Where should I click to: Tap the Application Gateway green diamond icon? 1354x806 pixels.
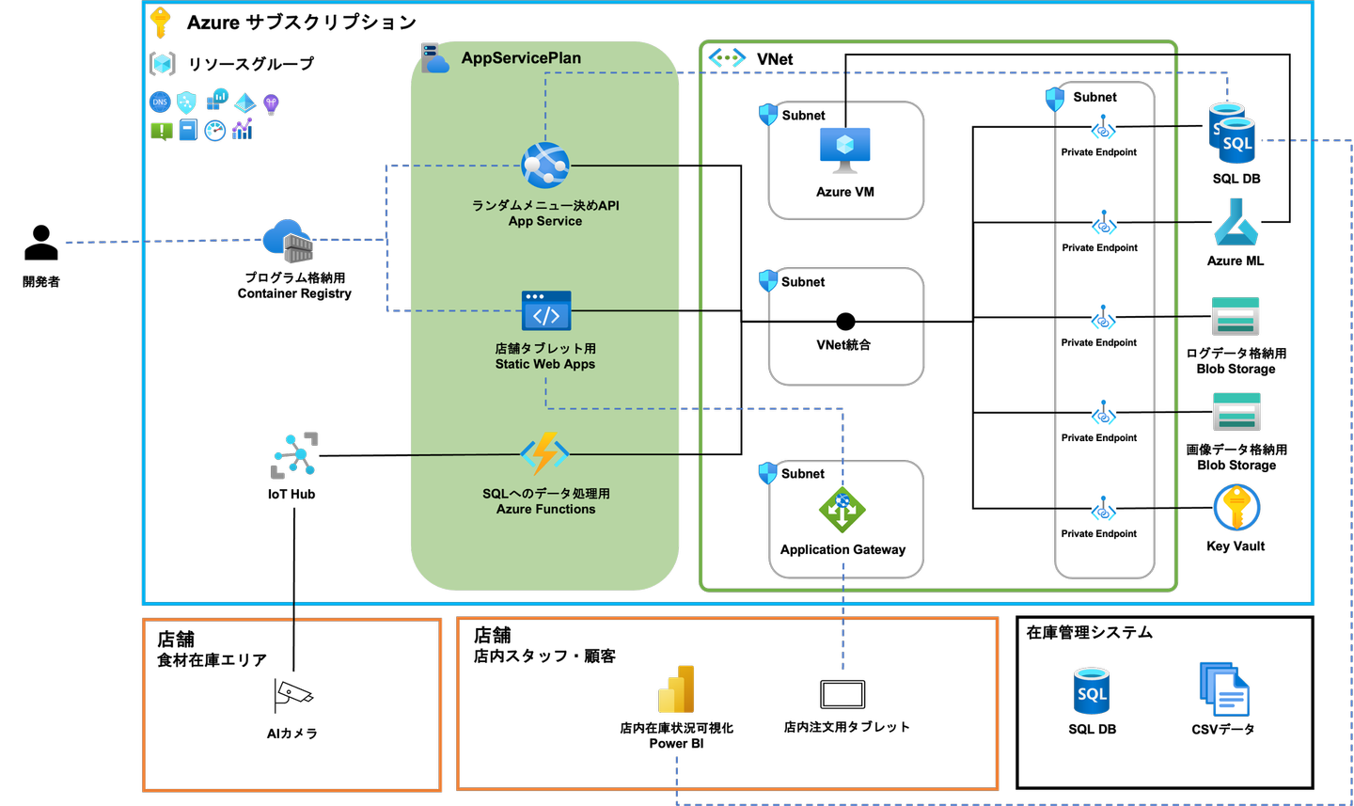[842, 510]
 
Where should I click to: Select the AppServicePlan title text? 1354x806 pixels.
[521, 58]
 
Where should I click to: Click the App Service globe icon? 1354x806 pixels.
[545, 166]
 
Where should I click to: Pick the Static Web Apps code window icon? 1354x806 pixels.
[546, 311]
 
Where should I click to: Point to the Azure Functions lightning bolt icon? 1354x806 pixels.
[545, 453]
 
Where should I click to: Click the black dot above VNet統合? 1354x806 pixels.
[845, 322]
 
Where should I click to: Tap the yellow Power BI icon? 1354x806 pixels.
[677, 689]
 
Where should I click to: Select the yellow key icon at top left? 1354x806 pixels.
[161, 22]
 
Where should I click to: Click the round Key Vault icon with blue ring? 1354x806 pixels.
[1236, 508]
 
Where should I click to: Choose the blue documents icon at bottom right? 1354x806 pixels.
[1224, 689]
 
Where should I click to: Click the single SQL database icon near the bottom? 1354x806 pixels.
[1092, 691]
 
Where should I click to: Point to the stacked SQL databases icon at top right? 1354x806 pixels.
[1232, 134]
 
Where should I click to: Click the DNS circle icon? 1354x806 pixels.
[160, 103]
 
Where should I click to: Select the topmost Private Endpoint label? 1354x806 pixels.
[1098, 152]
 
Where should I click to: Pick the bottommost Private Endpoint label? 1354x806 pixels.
[1098, 534]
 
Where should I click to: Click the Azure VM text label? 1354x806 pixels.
[845, 192]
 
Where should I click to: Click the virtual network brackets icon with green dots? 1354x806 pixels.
[727, 58]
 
